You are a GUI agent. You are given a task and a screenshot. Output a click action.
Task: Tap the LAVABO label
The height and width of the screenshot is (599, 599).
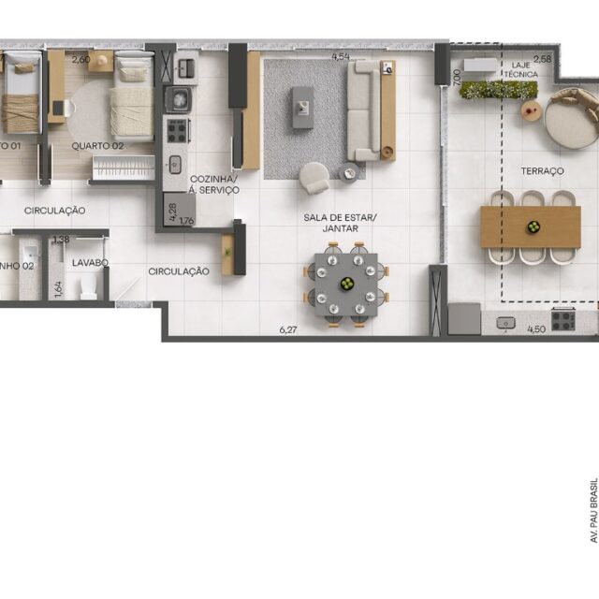[89, 263]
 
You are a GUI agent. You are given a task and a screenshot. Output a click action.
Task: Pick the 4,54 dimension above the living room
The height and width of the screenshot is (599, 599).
[341, 57]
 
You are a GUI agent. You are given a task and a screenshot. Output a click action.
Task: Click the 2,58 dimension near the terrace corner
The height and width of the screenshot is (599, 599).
[542, 59]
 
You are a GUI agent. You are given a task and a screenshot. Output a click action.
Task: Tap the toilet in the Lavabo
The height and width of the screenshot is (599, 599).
[89, 286]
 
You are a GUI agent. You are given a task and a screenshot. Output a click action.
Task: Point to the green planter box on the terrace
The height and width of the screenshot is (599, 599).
[499, 90]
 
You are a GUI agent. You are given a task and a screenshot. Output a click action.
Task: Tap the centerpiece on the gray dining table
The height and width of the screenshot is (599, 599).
[345, 284]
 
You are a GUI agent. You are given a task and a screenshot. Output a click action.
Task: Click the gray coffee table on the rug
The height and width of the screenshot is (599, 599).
[302, 106]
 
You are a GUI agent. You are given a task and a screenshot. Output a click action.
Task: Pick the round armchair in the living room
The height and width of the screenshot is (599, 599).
[314, 176]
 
